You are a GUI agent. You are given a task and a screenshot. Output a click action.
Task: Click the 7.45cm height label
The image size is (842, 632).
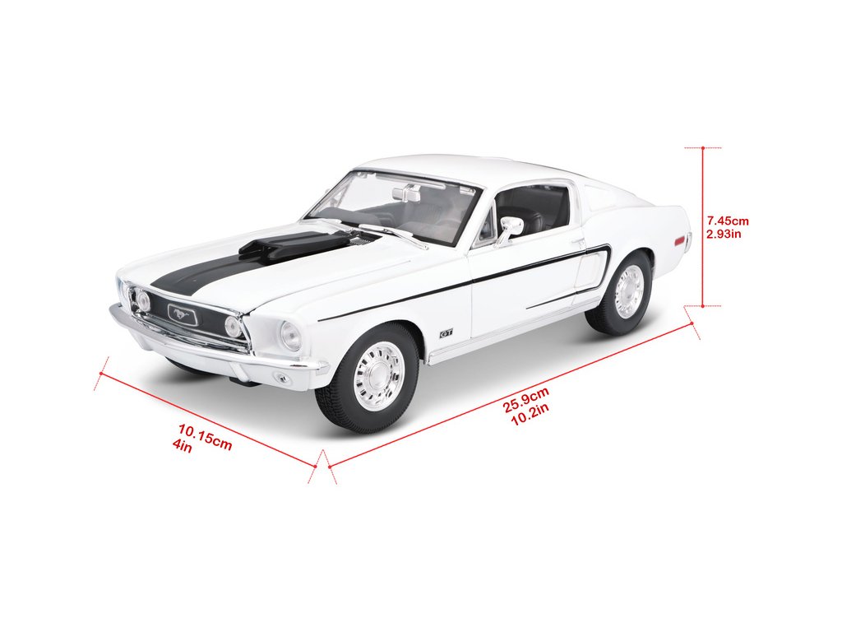pyautogui.click(x=729, y=221)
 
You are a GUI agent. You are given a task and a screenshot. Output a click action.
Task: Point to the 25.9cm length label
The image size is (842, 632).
pyautogui.click(x=526, y=404)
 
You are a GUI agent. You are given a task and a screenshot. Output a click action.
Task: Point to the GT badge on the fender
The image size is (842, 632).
pyautogui.click(x=446, y=333)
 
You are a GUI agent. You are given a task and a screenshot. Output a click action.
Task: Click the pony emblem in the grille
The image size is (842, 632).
pyautogui.click(x=182, y=313)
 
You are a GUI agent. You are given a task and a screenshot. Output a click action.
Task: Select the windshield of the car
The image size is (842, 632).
pyautogui.click(x=395, y=206)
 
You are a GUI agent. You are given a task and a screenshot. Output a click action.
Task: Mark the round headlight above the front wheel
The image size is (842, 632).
pyautogui.click(x=290, y=335)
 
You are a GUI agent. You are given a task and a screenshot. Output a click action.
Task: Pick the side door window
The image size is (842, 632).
pyautogui.click(x=533, y=209)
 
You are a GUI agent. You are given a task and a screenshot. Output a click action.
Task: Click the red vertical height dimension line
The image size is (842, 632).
pyautogui.click(x=703, y=226)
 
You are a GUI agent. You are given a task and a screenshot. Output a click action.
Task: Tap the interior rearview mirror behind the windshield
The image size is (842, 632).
pyautogui.click(x=406, y=194)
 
